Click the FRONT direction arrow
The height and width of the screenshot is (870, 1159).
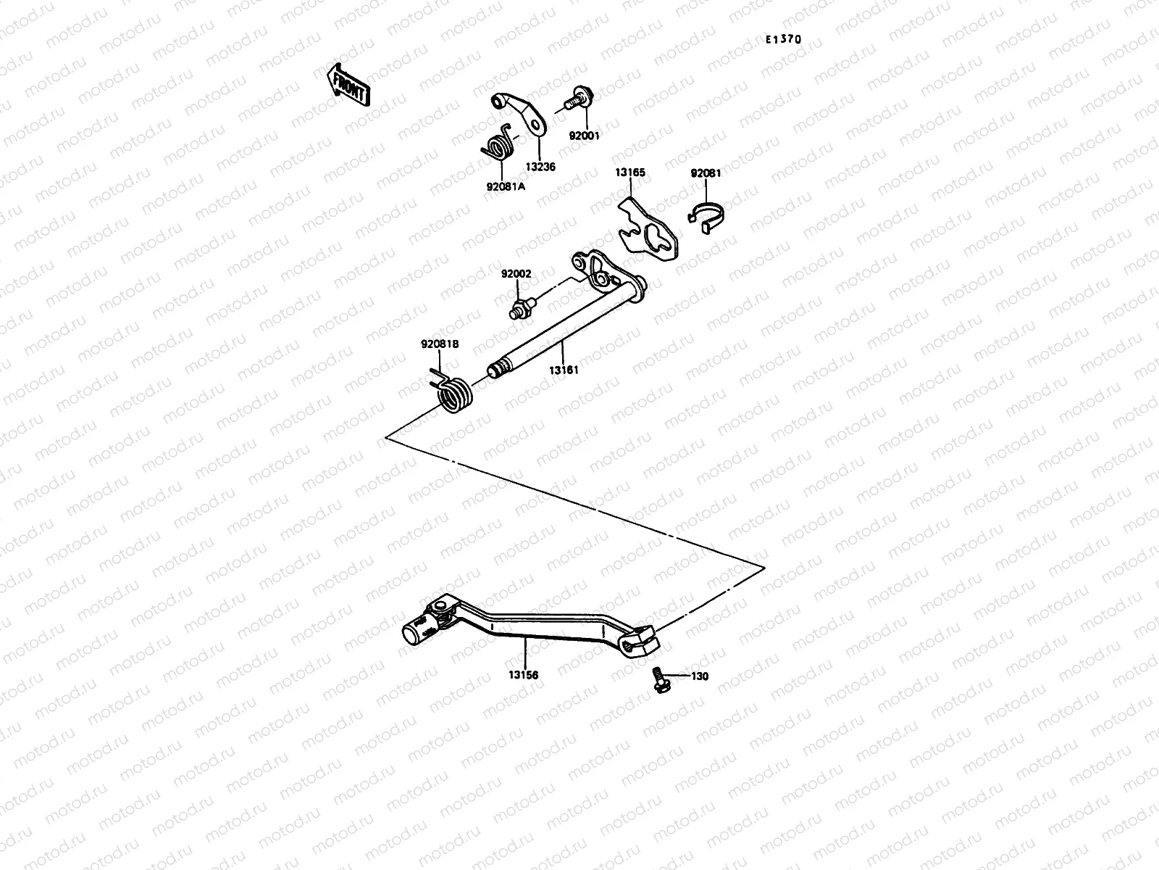tap(349, 86)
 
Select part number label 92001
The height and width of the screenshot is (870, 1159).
tap(584, 136)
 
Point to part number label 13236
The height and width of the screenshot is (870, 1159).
tap(540, 167)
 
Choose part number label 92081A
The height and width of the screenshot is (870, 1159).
tap(506, 186)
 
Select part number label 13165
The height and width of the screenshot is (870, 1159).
tap(630, 173)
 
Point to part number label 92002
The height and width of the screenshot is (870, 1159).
tap(516, 274)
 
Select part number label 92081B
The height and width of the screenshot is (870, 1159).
tap(440, 344)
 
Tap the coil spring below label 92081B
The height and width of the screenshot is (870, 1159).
tap(455, 395)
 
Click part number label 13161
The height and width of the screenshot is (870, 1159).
tap(563, 370)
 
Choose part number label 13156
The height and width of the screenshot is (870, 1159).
tap(523, 675)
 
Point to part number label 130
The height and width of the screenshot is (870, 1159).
tap(699, 676)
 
